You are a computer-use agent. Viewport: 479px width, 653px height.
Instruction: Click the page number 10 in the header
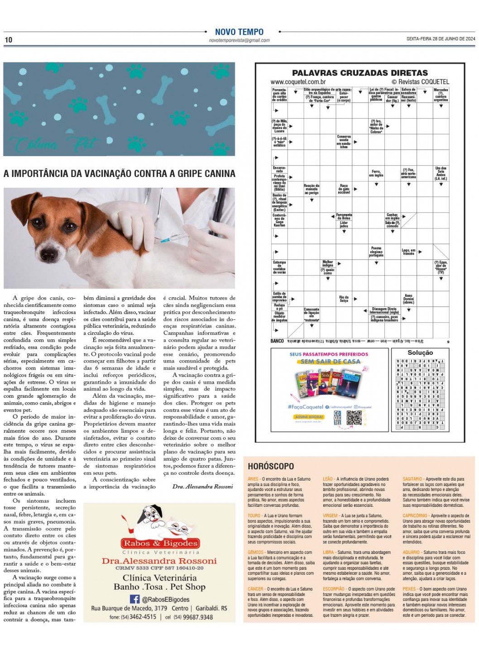(9, 40)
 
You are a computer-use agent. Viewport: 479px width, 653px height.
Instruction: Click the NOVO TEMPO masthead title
(239, 32)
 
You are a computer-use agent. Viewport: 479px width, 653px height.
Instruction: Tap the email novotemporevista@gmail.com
(239, 40)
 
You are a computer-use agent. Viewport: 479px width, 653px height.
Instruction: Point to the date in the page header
(441, 39)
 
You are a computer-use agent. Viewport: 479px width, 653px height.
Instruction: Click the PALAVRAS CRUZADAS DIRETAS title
(359, 73)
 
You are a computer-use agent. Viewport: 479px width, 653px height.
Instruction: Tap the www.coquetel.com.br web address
(298, 82)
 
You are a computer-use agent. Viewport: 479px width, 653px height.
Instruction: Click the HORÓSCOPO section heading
(271, 466)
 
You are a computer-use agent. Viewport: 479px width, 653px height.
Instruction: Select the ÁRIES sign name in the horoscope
(253, 479)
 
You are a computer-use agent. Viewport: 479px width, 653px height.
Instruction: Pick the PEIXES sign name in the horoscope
(409, 589)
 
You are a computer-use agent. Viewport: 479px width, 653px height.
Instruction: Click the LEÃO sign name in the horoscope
(328, 479)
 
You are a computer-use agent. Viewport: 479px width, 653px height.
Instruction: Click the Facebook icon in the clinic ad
(134, 599)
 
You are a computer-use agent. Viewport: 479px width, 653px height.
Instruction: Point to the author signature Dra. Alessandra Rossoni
(202, 486)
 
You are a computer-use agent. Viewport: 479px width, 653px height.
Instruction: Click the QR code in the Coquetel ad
(354, 419)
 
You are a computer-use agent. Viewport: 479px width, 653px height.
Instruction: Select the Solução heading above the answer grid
(420, 353)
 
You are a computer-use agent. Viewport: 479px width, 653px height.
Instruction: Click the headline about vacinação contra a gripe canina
(120, 174)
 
